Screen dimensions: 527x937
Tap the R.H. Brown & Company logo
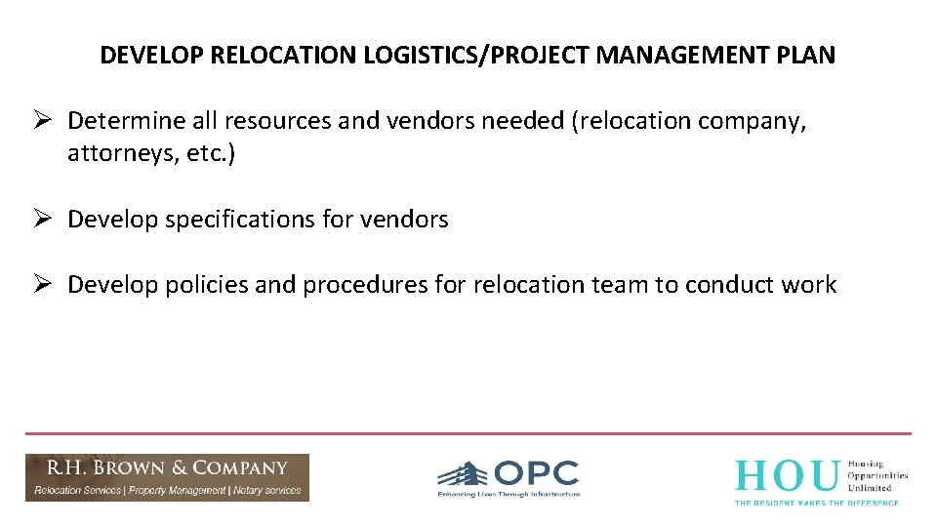point(167,477)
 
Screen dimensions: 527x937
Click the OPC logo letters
point(536,474)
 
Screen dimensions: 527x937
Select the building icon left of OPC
point(462,475)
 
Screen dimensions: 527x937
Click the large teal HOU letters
point(787,475)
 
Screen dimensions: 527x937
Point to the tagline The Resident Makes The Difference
point(816,502)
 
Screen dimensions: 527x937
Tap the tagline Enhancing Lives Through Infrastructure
point(509,495)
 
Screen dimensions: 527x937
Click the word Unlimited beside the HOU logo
point(871,488)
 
